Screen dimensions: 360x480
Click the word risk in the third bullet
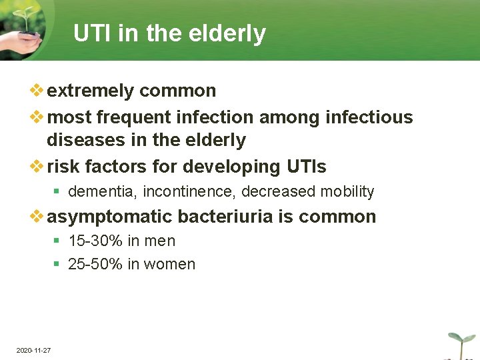point(62,166)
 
